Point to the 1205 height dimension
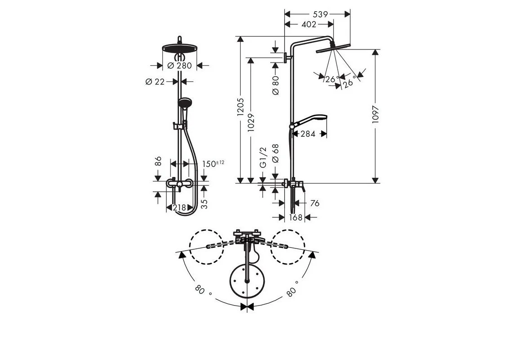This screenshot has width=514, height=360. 241,108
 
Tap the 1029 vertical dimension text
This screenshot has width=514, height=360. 251,120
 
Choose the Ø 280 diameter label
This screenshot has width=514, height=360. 179,66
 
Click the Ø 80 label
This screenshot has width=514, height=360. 276,85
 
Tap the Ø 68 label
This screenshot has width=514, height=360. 276,153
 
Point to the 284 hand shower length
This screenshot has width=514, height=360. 308,134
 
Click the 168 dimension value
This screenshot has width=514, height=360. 295,218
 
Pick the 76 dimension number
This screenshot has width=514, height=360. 314,203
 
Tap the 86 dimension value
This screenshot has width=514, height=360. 158,161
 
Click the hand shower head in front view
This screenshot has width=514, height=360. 184,103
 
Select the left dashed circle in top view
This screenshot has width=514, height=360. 206,247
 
